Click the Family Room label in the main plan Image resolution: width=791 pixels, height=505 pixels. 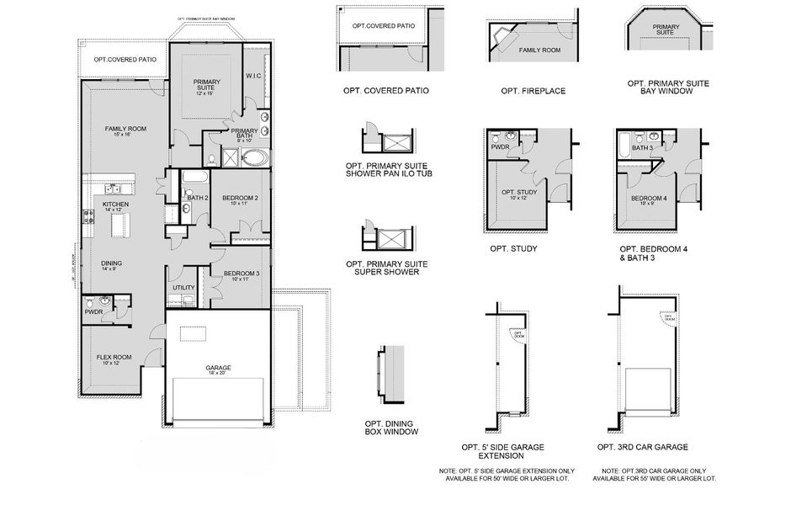125,129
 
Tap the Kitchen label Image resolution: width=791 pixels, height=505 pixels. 115,204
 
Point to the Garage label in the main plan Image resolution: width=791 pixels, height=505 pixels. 218,368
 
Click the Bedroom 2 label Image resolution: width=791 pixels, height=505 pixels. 239,199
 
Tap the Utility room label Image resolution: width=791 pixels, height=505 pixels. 183,288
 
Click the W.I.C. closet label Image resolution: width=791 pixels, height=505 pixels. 256,77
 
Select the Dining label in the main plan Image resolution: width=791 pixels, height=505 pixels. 112,263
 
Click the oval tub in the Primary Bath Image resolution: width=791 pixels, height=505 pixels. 252,157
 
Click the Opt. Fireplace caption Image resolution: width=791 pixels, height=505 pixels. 533,91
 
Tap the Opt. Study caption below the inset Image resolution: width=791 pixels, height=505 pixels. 513,249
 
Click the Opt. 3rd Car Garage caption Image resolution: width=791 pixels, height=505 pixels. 643,447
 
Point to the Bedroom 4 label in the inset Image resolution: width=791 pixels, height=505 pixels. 649,199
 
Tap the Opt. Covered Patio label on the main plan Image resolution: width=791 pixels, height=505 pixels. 125,60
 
